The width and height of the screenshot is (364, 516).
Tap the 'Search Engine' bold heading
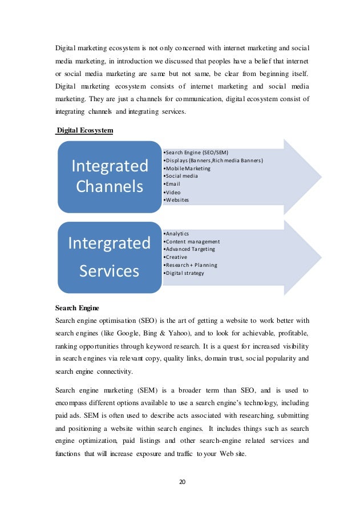click(x=77, y=307)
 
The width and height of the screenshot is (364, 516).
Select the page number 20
click(x=182, y=482)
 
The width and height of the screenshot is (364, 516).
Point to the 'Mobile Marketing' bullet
click(x=187, y=169)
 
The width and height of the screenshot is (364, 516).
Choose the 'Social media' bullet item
click(x=181, y=177)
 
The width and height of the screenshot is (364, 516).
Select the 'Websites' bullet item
click(x=176, y=201)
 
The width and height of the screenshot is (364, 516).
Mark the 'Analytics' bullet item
click(x=177, y=233)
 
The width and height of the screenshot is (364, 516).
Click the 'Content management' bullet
click(x=192, y=241)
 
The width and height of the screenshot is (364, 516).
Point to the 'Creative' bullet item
click(x=175, y=257)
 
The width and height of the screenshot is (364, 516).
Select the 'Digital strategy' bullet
click(x=184, y=273)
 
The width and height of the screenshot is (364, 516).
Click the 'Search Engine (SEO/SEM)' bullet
click(x=195, y=153)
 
